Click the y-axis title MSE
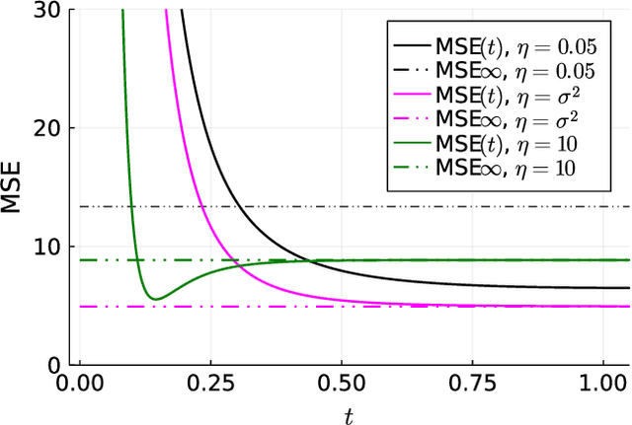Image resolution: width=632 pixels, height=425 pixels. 13,187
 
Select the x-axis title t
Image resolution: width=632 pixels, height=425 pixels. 349,415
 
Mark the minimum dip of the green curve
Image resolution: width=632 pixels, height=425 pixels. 153,299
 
